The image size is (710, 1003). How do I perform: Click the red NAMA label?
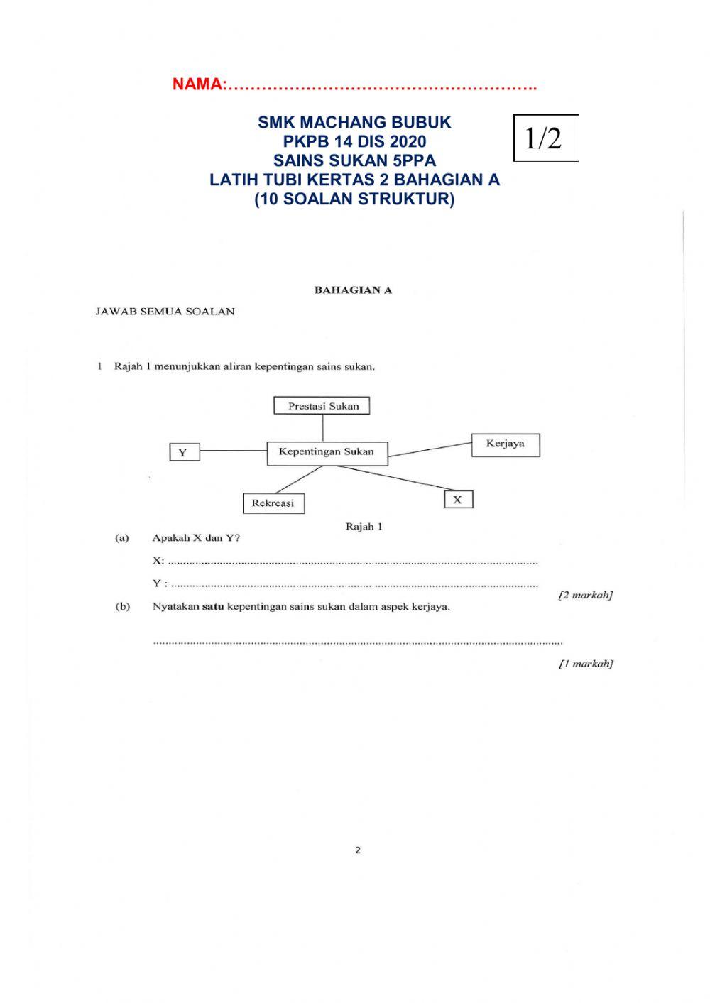click(x=198, y=84)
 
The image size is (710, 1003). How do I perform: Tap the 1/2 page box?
click(x=545, y=138)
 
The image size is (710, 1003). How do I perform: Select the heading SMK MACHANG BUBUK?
click(x=354, y=122)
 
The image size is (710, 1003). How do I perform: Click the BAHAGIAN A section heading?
click(x=353, y=290)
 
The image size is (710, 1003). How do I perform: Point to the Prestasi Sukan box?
click(x=322, y=406)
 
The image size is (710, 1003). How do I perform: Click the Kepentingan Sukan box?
click(x=327, y=452)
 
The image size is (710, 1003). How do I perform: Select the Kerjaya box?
click(x=506, y=444)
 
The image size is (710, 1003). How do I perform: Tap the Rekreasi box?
click(x=273, y=503)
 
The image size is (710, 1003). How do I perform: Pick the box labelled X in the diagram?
click(x=458, y=500)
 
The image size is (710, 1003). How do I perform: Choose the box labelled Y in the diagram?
click(x=184, y=451)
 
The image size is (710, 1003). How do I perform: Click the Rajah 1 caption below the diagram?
click(x=364, y=527)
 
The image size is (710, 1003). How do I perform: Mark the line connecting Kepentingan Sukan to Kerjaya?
click(x=430, y=449)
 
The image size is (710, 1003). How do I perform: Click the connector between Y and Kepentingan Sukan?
click(x=233, y=451)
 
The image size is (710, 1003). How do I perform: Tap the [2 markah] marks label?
click(x=585, y=595)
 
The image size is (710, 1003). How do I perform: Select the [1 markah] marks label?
click(x=585, y=664)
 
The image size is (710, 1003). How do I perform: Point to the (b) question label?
click(x=122, y=607)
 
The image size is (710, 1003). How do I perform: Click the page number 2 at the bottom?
click(x=358, y=850)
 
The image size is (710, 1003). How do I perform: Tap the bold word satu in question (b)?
click(x=213, y=607)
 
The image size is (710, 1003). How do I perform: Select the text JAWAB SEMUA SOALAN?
click(x=165, y=312)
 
